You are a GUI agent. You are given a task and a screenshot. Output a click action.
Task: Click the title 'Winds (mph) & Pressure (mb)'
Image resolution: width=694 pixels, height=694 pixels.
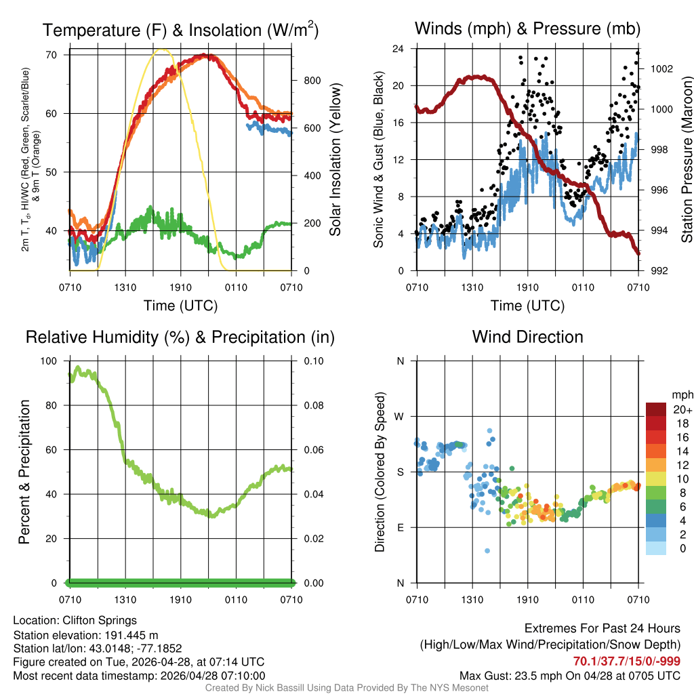(527, 28)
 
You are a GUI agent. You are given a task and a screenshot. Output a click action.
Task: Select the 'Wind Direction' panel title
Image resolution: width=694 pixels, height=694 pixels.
(527, 337)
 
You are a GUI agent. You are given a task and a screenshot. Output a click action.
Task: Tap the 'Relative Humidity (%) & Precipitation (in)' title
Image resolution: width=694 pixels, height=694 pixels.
(180, 337)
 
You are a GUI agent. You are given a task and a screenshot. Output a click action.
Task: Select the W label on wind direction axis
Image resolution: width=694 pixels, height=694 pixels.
(401, 416)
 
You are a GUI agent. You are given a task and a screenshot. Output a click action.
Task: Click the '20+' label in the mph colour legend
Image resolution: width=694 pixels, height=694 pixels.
(681, 409)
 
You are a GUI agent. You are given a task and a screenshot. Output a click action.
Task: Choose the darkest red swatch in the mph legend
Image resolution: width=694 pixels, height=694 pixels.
(655, 409)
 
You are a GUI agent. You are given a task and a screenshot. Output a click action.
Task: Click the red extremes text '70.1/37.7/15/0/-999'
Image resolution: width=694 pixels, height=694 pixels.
(627, 661)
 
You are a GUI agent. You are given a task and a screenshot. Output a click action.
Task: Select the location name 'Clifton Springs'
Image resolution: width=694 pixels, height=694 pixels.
(100, 620)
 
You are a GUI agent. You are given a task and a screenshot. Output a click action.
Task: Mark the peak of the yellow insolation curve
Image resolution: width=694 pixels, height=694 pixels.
(161, 49)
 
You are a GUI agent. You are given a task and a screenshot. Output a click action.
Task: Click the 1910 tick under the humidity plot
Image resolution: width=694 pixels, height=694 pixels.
(180, 600)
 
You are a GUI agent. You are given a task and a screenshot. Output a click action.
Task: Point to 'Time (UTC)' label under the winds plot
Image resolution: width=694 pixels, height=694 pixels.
(527, 306)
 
